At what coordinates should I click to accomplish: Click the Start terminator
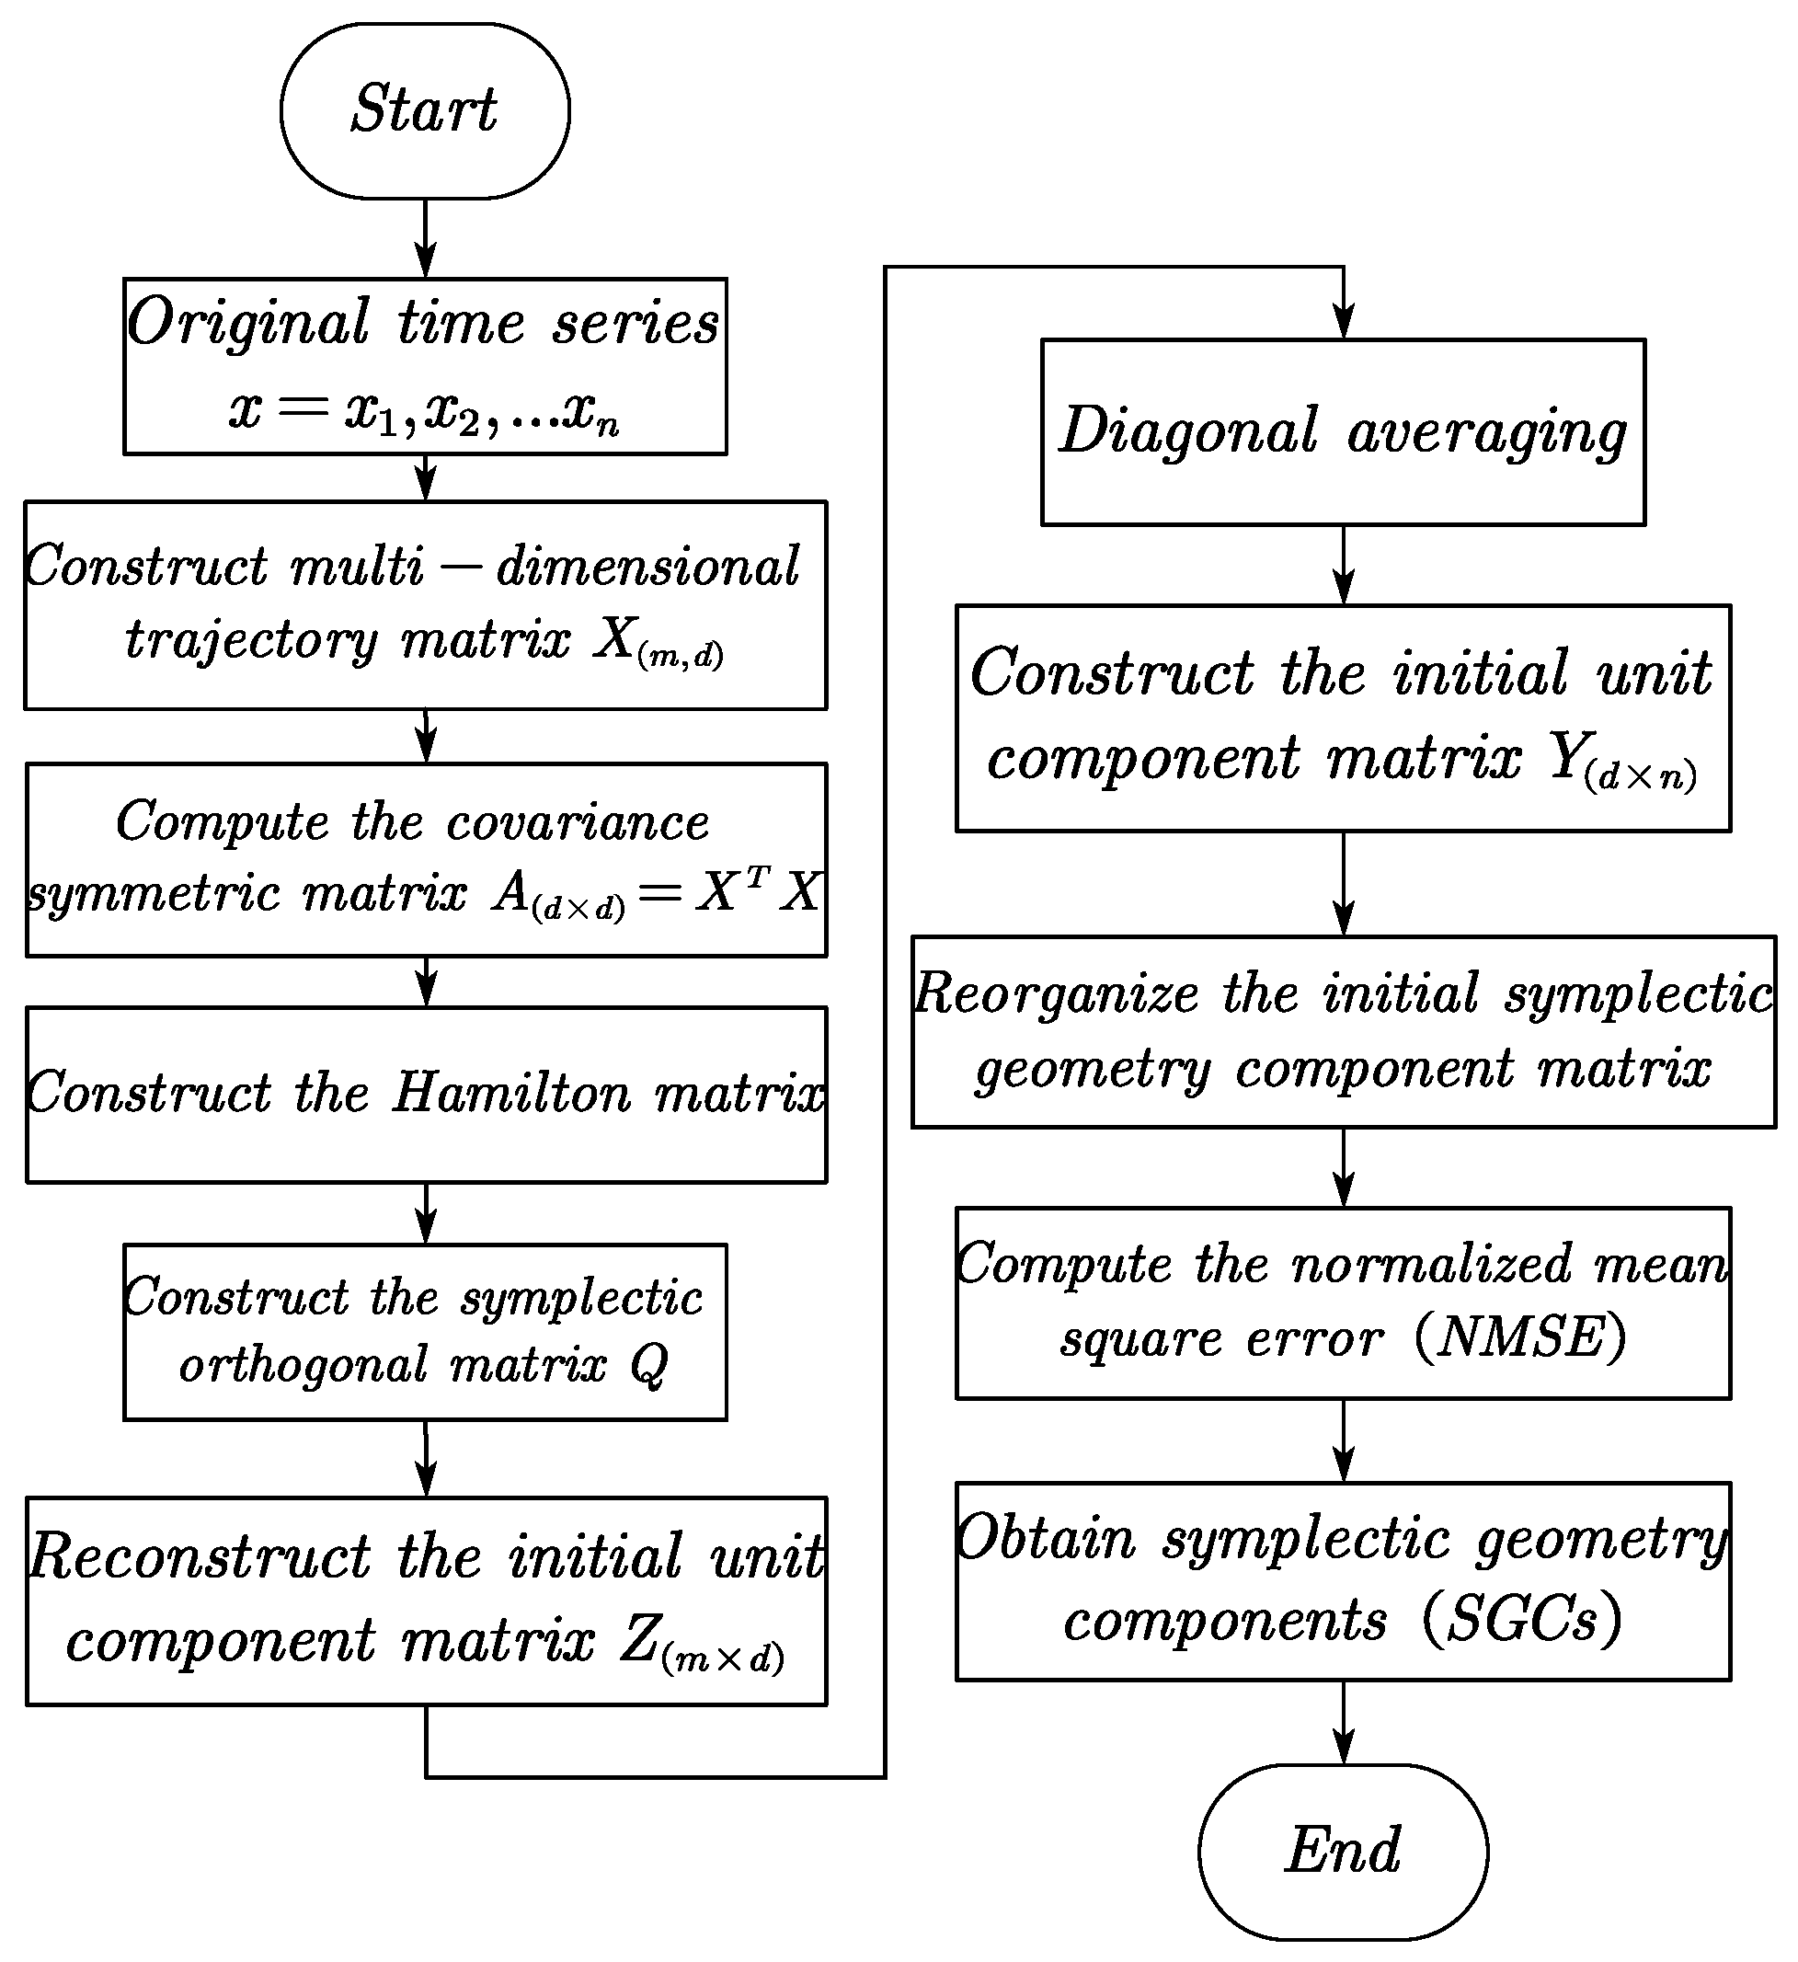coord(425,111)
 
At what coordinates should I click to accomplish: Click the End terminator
coord(1343,1851)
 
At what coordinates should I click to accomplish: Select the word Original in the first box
coord(249,323)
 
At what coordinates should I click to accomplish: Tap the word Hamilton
coord(513,1093)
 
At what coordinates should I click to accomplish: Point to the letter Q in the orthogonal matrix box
coord(649,1366)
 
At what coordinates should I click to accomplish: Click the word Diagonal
coord(1189,431)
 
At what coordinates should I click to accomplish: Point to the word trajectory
coord(251,641)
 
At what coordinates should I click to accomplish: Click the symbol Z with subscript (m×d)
coord(701,1643)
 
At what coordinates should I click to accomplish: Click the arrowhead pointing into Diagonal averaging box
coord(1344,322)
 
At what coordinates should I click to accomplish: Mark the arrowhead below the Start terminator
coord(425,261)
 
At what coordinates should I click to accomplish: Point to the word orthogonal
coord(303,1366)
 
